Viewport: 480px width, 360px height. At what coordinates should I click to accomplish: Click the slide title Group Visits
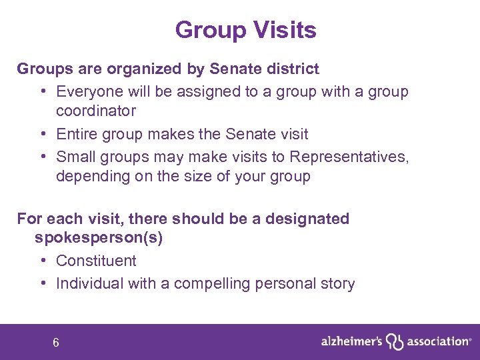(245, 30)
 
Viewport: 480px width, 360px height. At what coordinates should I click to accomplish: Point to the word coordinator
(95, 111)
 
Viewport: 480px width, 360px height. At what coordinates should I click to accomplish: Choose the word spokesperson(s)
(99, 238)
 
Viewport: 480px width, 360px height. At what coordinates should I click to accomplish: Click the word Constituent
(96, 261)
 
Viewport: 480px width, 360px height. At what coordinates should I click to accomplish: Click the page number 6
(56, 343)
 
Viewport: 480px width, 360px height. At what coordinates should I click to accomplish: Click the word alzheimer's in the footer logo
(351, 341)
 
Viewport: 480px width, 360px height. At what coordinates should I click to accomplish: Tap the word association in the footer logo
(436, 341)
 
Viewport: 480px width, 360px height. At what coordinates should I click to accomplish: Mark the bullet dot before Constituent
(42, 261)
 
